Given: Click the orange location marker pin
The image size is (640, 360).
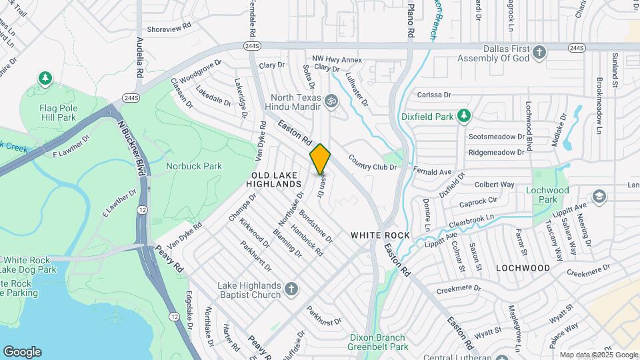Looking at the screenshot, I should (320, 159).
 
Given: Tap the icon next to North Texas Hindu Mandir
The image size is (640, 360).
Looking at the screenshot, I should (331, 101).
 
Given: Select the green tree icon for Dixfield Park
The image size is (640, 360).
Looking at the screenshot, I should (465, 117).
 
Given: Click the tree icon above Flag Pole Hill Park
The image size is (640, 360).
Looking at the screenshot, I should (45, 79).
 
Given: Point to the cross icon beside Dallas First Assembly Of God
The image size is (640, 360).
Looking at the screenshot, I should (539, 51).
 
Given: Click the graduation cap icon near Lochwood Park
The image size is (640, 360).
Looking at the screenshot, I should (599, 196).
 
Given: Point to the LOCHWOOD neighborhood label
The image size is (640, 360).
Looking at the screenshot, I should (523, 268).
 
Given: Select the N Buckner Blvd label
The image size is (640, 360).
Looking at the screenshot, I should (131, 147).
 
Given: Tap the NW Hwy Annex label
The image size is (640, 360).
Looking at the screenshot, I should (337, 60).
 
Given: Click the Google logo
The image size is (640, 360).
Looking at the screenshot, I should (22, 352).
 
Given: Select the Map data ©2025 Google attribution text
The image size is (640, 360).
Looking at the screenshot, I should (599, 355).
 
